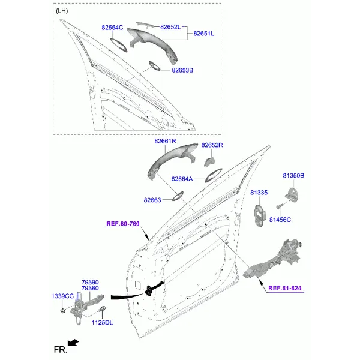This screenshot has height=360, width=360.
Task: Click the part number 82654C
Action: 112,28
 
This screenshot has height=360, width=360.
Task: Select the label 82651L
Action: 203,34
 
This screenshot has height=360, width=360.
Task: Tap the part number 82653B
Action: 182,70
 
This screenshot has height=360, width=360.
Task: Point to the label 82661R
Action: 165,141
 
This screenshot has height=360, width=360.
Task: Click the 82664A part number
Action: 182,179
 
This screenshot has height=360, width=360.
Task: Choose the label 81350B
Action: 293,176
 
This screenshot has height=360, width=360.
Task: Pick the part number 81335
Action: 259,193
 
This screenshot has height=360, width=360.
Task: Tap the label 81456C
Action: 280,220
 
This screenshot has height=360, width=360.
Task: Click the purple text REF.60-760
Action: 123,224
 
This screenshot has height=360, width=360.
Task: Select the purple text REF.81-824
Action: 285,288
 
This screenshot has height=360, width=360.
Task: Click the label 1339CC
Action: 62,296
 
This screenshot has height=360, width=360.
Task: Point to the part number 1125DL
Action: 102,323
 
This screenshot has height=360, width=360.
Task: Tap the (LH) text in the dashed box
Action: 62,11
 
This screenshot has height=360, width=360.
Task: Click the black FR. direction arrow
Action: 73,343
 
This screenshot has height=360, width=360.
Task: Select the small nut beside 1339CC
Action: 62,311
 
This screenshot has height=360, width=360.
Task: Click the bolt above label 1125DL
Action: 102,309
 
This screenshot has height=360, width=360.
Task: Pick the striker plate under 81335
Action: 260,215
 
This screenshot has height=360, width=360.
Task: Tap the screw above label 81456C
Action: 279,207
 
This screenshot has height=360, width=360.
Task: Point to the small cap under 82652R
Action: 209,161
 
